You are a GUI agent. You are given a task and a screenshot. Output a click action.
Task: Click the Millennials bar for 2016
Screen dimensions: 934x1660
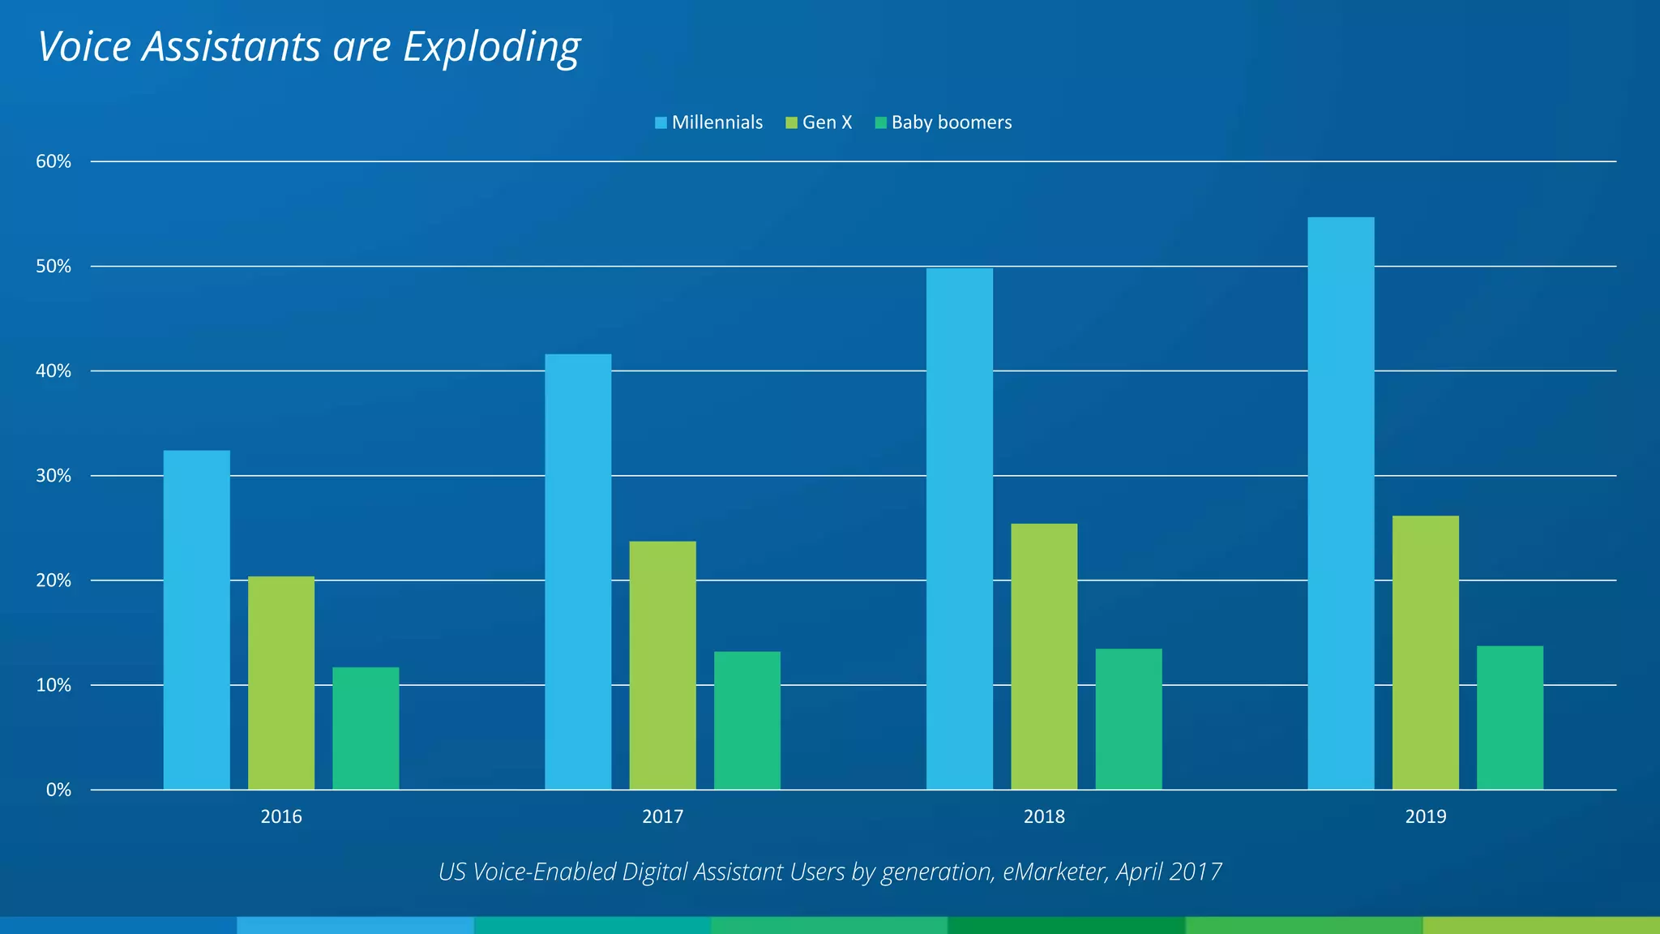(x=196, y=620)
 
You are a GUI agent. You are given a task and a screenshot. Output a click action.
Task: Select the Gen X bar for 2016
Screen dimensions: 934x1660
(x=280, y=683)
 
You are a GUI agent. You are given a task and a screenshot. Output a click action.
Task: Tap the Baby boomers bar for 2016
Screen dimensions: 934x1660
(x=366, y=728)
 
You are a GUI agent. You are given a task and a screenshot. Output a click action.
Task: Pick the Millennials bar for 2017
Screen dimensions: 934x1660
(x=578, y=572)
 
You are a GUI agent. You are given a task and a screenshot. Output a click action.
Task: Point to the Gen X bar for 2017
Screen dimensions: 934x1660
(x=662, y=665)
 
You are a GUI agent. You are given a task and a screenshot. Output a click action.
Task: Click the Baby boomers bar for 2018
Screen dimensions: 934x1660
(x=1128, y=719)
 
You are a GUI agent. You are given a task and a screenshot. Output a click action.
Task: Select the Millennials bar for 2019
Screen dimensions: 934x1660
(x=1341, y=503)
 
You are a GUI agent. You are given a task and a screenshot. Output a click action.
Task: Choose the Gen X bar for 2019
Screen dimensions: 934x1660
(x=1425, y=653)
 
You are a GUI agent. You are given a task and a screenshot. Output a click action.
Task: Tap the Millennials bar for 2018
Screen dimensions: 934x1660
(x=959, y=529)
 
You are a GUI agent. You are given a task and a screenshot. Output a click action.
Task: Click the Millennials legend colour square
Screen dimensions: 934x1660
(x=661, y=123)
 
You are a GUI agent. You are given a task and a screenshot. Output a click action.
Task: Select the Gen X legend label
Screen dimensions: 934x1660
(x=827, y=122)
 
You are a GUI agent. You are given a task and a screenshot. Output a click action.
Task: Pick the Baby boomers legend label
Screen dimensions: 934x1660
(x=952, y=122)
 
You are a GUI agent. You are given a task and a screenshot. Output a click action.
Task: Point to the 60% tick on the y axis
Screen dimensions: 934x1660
(x=53, y=162)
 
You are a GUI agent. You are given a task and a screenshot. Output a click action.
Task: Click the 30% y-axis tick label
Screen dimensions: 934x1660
(x=53, y=476)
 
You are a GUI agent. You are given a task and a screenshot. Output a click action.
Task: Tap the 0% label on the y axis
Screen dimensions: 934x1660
(x=58, y=790)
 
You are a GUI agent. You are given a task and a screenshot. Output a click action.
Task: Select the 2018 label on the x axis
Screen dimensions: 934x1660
(x=1044, y=817)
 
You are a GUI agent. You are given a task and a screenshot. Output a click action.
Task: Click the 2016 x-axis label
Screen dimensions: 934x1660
(x=281, y=817)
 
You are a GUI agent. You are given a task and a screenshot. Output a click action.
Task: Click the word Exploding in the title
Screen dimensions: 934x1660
(x=491, y=47)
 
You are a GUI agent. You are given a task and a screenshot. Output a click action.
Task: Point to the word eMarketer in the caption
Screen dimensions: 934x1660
(x=1055, y=872)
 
